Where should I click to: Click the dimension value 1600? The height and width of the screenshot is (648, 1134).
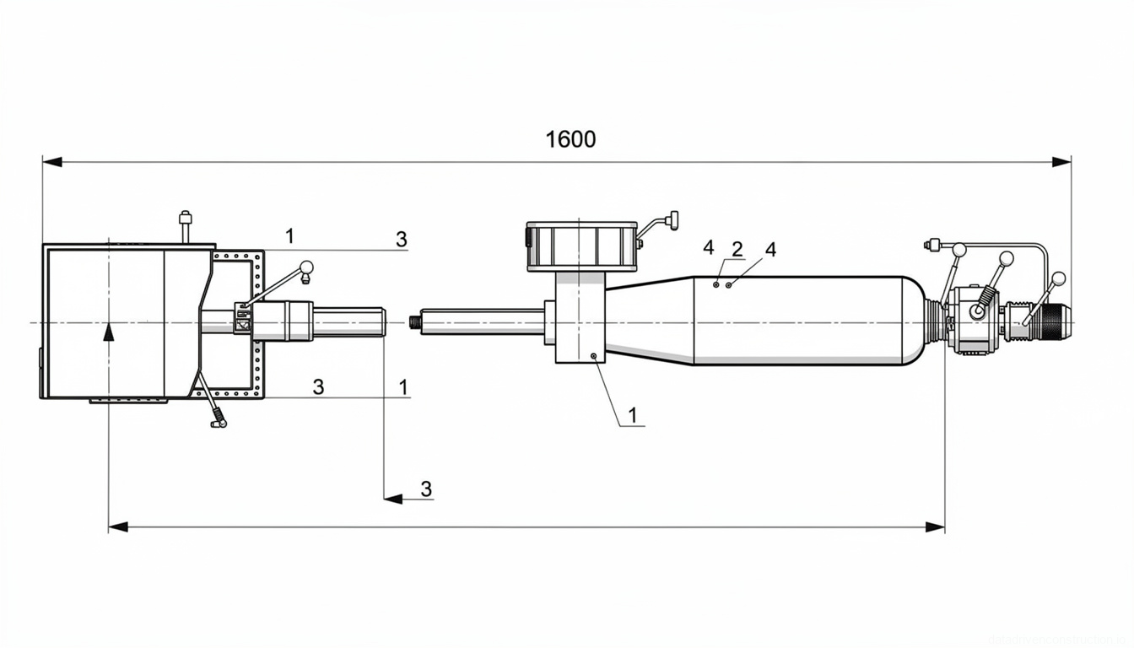click(x=570, y=139)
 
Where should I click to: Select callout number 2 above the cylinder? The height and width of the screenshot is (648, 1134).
click(x=737, y=249)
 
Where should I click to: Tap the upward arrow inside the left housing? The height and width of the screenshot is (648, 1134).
click(x=108, y=332)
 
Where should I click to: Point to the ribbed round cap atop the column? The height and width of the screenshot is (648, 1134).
click(x=580, y=246)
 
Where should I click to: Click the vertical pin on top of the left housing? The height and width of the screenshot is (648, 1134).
click(x=185, y=227)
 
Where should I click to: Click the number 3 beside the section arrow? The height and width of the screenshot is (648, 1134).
click(x=426, y=489)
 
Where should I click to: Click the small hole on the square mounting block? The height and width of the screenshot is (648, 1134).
click(x=594, y=356)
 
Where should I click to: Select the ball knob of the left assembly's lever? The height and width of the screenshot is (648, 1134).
click(x=305, y=267)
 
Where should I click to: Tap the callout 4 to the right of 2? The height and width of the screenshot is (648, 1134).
click(x=770, y=249)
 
